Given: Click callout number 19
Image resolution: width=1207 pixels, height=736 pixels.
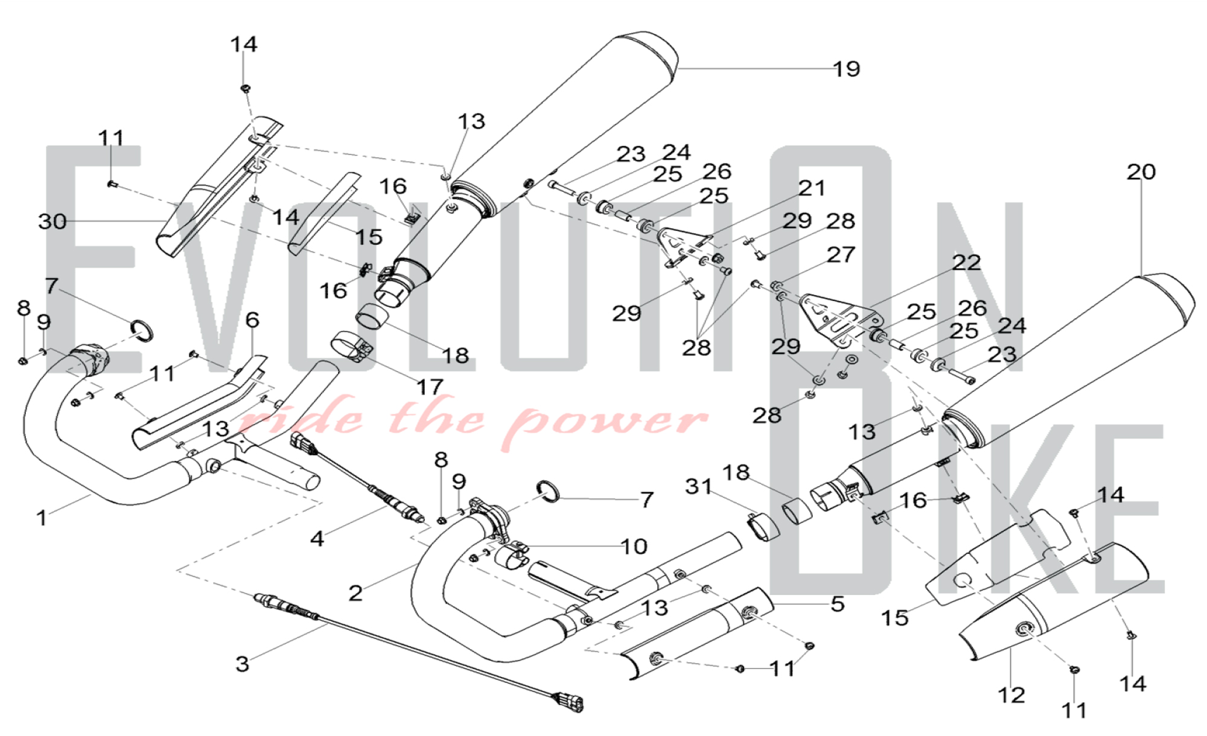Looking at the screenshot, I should [x=846, y=69].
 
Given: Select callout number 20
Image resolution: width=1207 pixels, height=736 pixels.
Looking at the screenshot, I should [x=1141, y=173].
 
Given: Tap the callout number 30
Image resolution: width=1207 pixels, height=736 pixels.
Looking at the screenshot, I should [x=53, y=221].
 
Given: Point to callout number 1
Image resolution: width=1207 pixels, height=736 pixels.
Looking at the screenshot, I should [x=41, y=518].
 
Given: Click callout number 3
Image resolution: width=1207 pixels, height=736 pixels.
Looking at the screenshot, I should [x=242, y=664].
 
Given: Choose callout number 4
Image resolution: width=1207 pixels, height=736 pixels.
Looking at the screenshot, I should [x=317, y=538].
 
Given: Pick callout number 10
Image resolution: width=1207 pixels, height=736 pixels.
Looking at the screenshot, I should [x=634, y=547].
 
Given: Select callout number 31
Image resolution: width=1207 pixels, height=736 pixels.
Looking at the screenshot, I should [x=698, y=486].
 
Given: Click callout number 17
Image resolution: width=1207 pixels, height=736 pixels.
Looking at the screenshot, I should [x=430, y=387].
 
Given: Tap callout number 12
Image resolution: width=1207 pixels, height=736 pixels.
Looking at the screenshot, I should [x=1011, y=695].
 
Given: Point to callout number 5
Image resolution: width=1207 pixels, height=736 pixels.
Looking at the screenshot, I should [x=838, y=604].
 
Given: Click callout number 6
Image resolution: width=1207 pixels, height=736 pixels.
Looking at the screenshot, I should [x=252, y=320].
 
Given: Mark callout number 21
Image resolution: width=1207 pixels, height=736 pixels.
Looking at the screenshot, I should [x=812, y=188].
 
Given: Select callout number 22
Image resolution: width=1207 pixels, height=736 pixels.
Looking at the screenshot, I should [x=966, y=262].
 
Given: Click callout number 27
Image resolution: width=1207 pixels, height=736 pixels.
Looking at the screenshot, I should [x=841, y=255].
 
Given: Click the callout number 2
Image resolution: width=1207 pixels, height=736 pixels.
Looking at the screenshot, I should [x=355, y=593].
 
